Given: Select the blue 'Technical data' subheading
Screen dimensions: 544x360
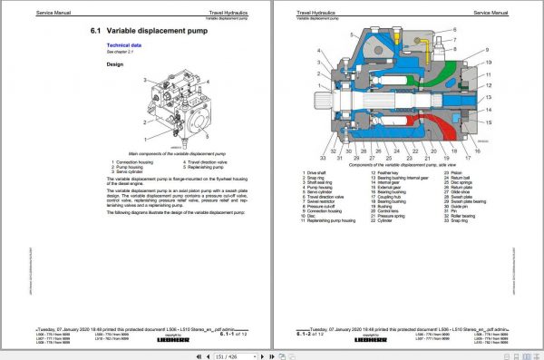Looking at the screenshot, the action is [x=126, y=44].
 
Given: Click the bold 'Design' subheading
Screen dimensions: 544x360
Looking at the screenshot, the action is [x=116, y=64].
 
